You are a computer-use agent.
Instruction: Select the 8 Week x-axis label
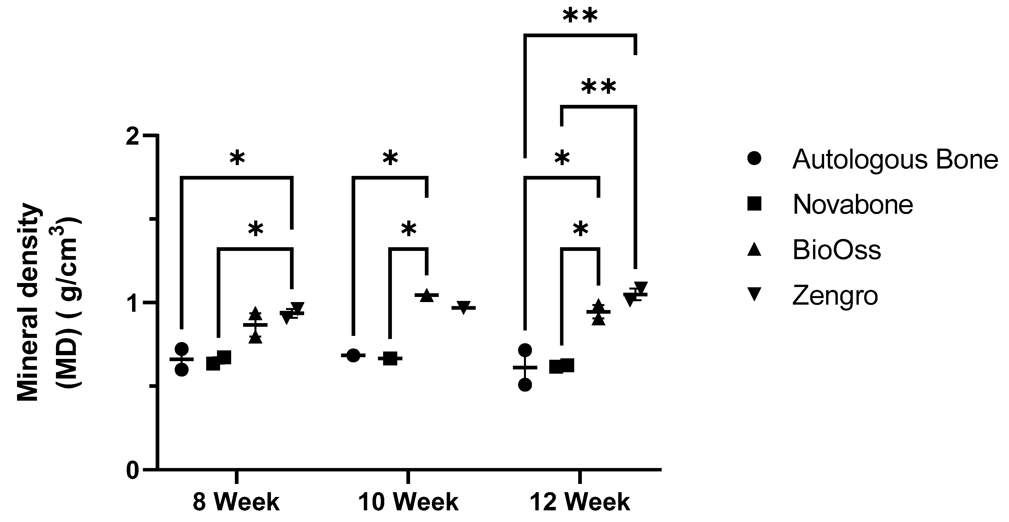point(236,502)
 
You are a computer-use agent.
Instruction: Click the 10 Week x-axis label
point(408,502)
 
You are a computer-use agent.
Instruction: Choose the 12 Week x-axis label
point(580,502)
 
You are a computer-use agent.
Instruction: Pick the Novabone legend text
point(853,205)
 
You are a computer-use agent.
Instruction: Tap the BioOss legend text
point(837,250)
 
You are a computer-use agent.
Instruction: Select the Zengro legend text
point(835,296)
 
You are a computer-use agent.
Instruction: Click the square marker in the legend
point(754,204)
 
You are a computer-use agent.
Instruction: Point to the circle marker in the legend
point(754,159)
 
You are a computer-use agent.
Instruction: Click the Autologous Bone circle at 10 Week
point(353,355)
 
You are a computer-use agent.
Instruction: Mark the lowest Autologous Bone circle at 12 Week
point(525,384)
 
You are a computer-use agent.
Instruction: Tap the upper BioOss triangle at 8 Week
point(255,313)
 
